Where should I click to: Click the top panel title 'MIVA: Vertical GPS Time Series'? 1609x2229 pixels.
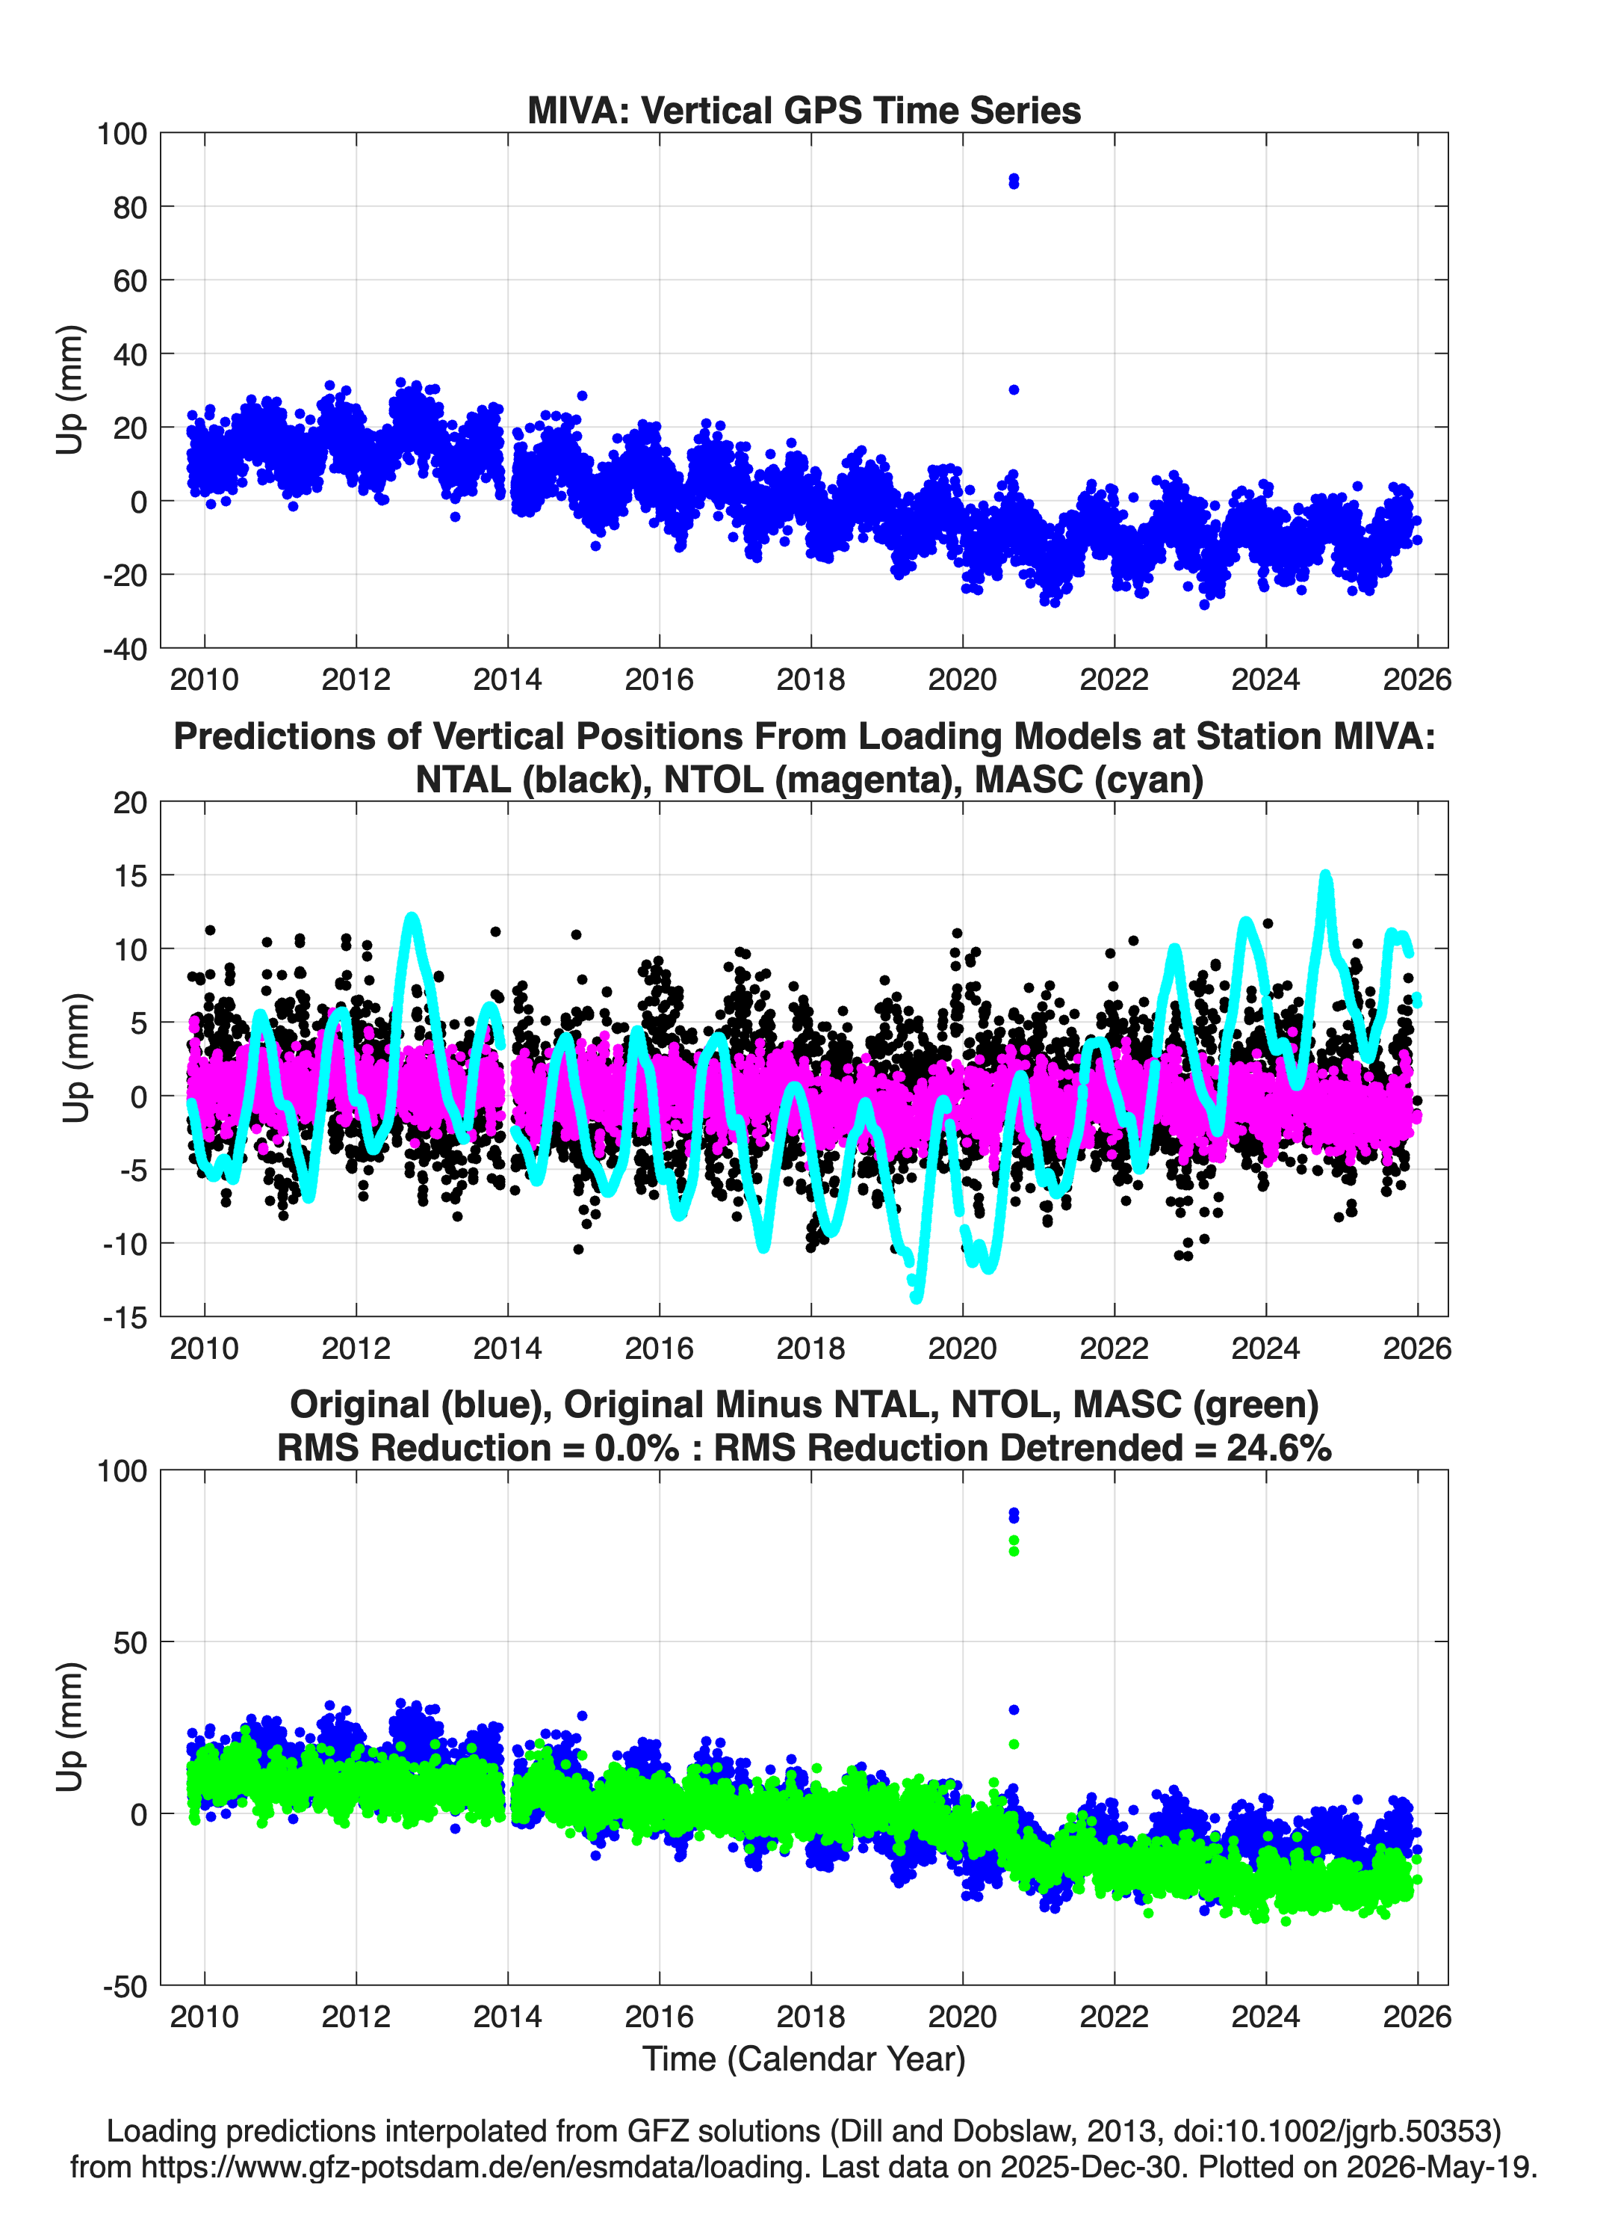point(804,110)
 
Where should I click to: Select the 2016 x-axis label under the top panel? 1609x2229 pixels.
point(659,679)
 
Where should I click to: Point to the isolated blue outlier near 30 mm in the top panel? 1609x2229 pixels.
point(1014,390)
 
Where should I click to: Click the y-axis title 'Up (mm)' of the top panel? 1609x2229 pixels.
point(69,390)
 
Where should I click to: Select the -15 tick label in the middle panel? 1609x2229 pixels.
point(125,1318)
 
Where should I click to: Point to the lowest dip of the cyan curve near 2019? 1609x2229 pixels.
point(917,1298)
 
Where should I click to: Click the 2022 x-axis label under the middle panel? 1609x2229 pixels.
point(1114,1348)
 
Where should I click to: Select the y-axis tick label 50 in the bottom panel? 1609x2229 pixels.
point(130,1642)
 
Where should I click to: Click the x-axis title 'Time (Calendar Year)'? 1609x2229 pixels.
point(804,2059)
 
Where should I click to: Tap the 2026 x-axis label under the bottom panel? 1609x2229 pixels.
point(1416,2016)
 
